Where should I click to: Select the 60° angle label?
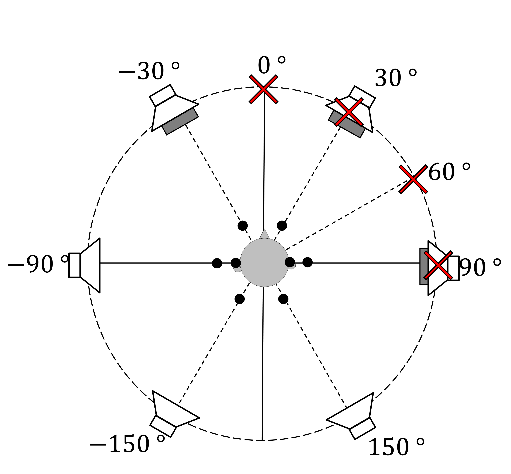pyautogui.click(x=449, y=172)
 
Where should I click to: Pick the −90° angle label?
pyautogui.click(x=38, y=264)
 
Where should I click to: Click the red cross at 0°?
pyautogui.click(x=263, y=89)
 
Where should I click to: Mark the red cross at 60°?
pyautogui.click(x=413, y=179)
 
